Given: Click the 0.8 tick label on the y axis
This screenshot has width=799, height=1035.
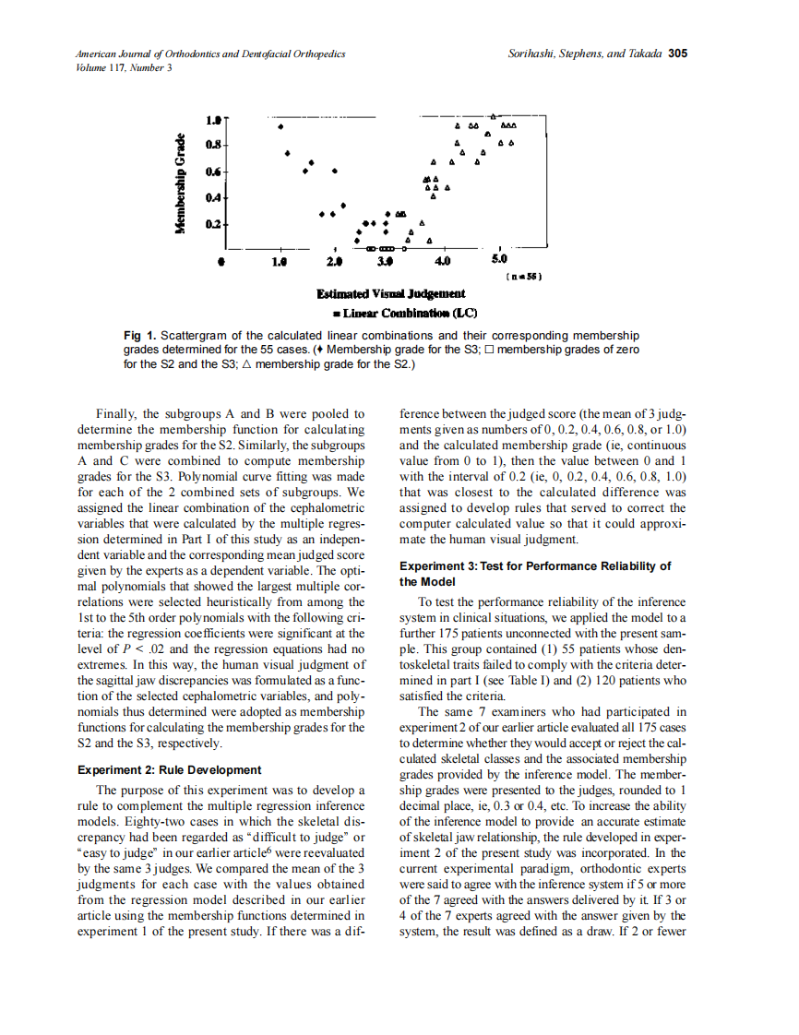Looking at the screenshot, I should [213, 145].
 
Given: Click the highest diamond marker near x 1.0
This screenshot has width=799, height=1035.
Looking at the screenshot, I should [280, 127].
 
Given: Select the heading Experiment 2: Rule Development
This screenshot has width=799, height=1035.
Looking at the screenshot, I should [170, 769].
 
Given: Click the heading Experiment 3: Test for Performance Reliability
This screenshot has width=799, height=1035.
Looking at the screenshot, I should [534, 566].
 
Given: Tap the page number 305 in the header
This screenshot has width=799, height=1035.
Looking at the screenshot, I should [678, 54].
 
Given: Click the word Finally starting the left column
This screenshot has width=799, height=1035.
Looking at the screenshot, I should [116, 413].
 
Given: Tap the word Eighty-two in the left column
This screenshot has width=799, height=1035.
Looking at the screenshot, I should [172, 821].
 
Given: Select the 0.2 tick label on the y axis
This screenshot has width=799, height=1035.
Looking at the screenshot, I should [213, 224].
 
